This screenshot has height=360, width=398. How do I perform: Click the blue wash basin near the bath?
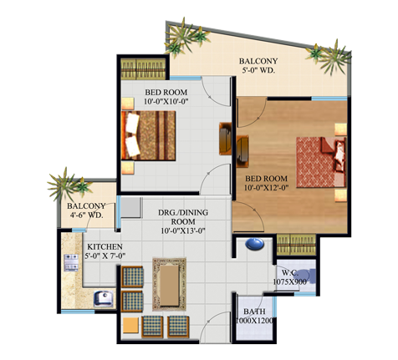click(x=254, y=244)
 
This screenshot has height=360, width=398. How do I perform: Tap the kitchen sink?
click(x=103, y=298)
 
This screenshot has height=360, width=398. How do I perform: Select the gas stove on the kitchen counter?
click(x=71, y=262)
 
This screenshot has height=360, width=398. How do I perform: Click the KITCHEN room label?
click(x=105, y=246)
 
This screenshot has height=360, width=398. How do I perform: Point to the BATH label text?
click(x=254, y=312)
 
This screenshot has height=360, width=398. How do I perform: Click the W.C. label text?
click(x=290, y=272)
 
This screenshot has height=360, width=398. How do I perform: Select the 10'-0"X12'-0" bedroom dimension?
click(x=266, y=188)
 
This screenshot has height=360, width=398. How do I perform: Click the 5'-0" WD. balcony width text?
click(x=258, y=70)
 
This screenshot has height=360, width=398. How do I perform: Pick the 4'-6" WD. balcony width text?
click(x=87, y=215)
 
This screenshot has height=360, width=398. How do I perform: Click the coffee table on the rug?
click(x=170, y=285)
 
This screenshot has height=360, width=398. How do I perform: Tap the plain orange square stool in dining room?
click(x=130, y=325)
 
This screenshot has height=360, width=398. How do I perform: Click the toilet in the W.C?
click(x=309, y=276)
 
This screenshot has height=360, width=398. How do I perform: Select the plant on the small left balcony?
click(x=69, y=184)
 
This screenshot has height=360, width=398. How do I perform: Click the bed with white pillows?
click(x=148, y=135)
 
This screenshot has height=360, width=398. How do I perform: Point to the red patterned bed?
click(x=321, y=162)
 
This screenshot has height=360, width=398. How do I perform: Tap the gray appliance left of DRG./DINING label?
click(x=131, y=207)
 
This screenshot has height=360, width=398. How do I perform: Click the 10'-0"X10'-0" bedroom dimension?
click(x=166, y=102)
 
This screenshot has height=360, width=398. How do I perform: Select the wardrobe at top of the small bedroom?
click(x=143, y=69)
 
